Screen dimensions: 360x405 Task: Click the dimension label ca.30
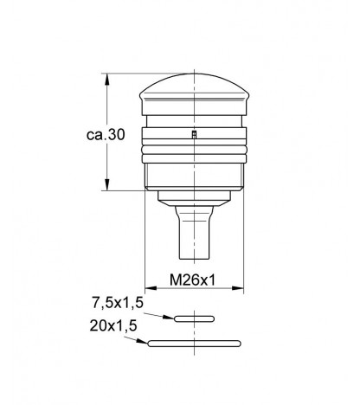click(x=106, y=134)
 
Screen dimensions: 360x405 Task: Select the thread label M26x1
click(x=192, y=280)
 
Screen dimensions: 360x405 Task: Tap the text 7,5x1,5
click(x=118, y=303)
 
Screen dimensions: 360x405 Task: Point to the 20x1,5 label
click(x=113, y=325)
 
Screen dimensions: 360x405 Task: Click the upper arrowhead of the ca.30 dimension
click(x=107, y=79)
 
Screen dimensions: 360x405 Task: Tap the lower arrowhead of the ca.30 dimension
click(x=107, y=184)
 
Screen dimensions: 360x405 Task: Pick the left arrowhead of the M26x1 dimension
click(x=151, y=288)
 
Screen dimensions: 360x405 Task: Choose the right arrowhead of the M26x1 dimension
click(x=238, y=288)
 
